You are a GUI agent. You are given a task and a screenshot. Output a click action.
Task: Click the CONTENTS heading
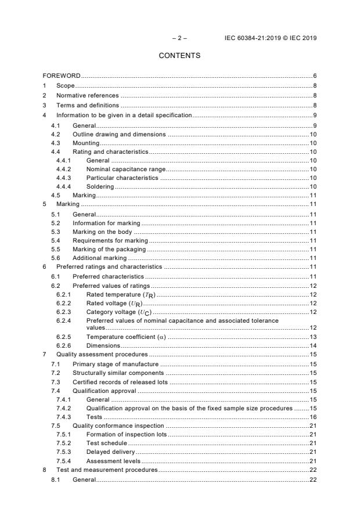pos(179,56)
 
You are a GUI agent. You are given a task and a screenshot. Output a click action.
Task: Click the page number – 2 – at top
pos(179,38)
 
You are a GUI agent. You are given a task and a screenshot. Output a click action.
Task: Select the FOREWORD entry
pos(62,76)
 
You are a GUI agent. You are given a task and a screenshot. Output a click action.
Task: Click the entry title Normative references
pos(87,95)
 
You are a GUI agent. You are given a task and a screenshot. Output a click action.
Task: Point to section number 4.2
pos(56,134)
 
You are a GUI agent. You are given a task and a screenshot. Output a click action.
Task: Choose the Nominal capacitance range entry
pos(125,168)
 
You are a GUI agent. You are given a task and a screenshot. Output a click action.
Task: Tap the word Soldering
pos(100,186)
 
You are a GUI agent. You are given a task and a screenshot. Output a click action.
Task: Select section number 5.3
pos(56,232)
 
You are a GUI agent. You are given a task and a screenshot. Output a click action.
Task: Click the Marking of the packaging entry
pos(109,249)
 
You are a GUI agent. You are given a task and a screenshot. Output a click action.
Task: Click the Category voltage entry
pos(118,312)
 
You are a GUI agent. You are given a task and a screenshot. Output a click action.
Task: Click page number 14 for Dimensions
pos(312,345)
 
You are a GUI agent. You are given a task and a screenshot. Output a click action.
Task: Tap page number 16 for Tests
pos(312,417)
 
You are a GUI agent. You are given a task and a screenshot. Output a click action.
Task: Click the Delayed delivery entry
pos(110,451)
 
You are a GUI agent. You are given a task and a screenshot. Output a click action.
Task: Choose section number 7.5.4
pos(64,460)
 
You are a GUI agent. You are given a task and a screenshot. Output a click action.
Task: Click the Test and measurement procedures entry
pos(106,469)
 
